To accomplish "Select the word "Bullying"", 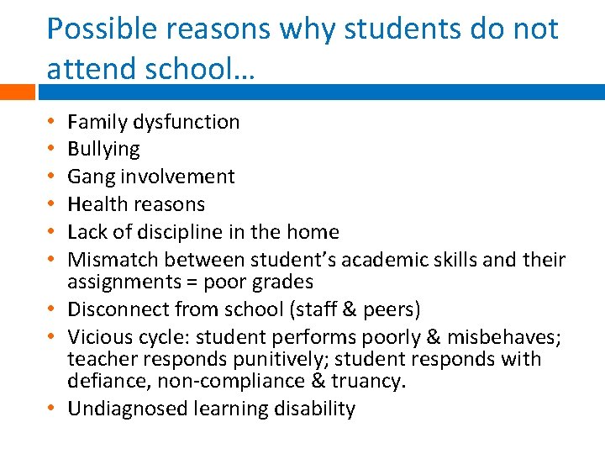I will click(x=103, y=150).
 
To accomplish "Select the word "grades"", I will click(x=283, y=281).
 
